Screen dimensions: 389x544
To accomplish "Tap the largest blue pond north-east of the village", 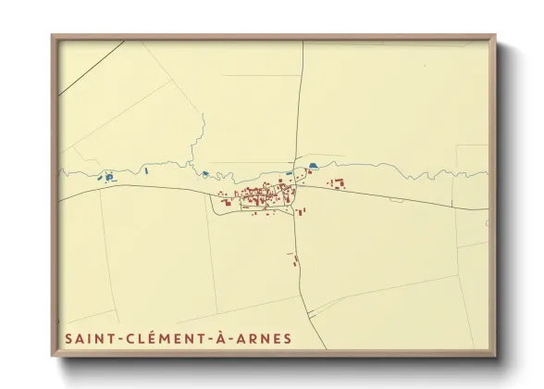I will [312, 167].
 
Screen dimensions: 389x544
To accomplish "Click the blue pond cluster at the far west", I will [108, 176].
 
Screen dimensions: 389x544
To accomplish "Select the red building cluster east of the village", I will [336, 183].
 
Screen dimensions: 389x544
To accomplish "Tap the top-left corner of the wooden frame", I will [54, 37].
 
